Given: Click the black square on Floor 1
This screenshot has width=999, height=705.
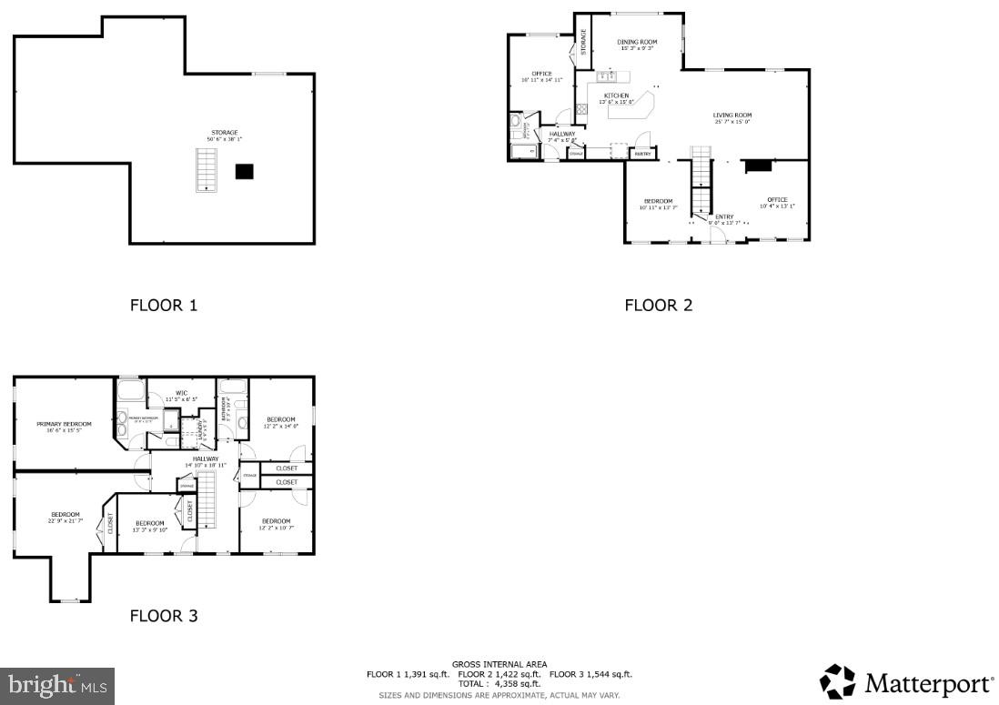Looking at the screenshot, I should pyautogui.click(x=244, y=171).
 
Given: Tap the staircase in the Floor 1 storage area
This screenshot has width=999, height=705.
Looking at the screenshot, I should pyautogui.click(x=207, y=170).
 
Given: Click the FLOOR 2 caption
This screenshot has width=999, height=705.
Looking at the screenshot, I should pyautogui.click(x=658, y=306).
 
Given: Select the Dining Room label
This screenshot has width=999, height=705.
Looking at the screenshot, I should pyautogui.click(x=637, y=42).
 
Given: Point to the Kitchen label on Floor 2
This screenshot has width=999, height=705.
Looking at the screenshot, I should pyautogui.click(x=616, y=96).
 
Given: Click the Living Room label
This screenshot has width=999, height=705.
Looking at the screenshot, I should pyautogui.click(x=732, y=116).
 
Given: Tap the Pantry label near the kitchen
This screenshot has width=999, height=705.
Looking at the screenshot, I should pyautogui.click(x=642, y=154).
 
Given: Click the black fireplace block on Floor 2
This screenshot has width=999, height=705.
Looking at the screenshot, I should pyautogui.click(x=758, y=166).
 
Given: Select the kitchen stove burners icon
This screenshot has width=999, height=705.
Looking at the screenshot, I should pyautogui.click(x=581, y=111).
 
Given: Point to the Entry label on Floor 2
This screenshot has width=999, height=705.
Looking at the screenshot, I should pyautogui.click(x=724, y=217).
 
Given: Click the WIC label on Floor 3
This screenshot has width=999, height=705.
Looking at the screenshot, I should pyautogui.click(x=181, y=394).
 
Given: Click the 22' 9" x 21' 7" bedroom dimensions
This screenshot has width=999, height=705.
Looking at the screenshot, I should pyautogui.click(x=65, y=521).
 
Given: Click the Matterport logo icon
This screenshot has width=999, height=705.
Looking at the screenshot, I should pyautogui.click(x=837, y=682).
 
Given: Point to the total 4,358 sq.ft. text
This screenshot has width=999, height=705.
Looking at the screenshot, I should pyautogui.click(x=499, y=683).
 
